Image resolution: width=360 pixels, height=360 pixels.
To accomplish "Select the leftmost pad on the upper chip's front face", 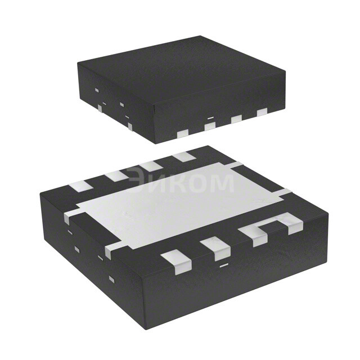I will pos(182,134).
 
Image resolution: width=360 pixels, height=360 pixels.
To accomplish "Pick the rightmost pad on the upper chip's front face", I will pos(262,113).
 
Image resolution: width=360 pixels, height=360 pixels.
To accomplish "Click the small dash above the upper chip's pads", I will pos(210,118).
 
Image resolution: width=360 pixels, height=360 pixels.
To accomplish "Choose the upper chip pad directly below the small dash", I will pos(210,127).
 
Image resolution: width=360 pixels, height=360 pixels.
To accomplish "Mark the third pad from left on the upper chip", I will pos(236,119).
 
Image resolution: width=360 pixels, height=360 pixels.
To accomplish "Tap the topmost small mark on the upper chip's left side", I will pos(97,90).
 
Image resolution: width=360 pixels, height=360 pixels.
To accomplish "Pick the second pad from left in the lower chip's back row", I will pos(116,175).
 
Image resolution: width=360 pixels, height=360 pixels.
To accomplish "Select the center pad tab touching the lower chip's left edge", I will pos(71,215).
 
